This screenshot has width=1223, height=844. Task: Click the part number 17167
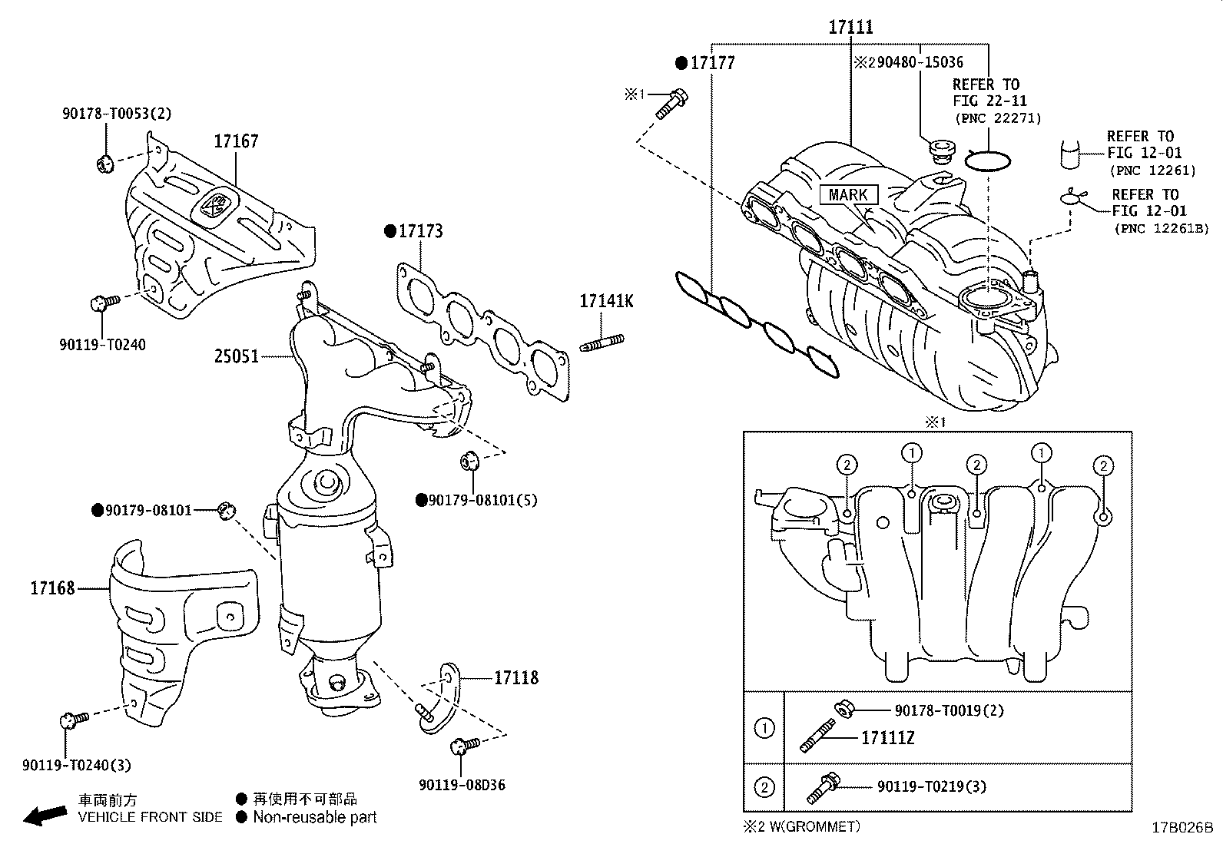pyautogui.click(x=236, y=141)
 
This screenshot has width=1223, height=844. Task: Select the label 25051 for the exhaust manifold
pyautogui.click(x=236, y=356)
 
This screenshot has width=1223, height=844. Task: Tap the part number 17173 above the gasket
pyautogui.click(x=419, y=231)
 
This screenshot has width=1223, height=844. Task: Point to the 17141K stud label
pyautogui.click(x=606, y=302)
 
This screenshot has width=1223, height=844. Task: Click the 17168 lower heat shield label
pyautogui.click(x=52, y=589)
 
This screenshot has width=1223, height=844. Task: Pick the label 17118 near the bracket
pyautogui.click(x=515, y=677)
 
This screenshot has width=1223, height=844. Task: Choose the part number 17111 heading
pyautogui.click(x=850, y=28)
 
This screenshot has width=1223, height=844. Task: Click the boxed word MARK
pyautogui.click(x=848, y=195)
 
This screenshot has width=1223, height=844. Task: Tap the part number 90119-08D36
pyautogui.click(x=462, y=785)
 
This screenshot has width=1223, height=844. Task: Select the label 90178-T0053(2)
pyautogui.click(x=117, y=114)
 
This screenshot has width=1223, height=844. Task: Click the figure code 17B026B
pyautogui.click(x=1182, y=828)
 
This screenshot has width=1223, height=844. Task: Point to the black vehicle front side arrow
pyautogui.click(x=45, y=816)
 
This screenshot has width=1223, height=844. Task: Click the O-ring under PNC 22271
pyautogui.click(x=988, y=161)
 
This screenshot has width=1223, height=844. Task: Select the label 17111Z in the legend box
pyautogui.click(x=887, y=738)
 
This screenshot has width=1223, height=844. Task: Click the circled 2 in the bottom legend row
pyautogui.click(x=764, y=787)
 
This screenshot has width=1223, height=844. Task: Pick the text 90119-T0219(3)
pyautogui.click(x=932, y=786)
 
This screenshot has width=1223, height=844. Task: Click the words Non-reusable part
pyautogui.click(x=315, y=818)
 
